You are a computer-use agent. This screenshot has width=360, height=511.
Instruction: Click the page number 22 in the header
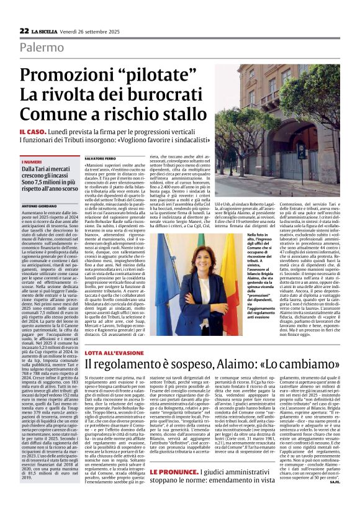24,30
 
